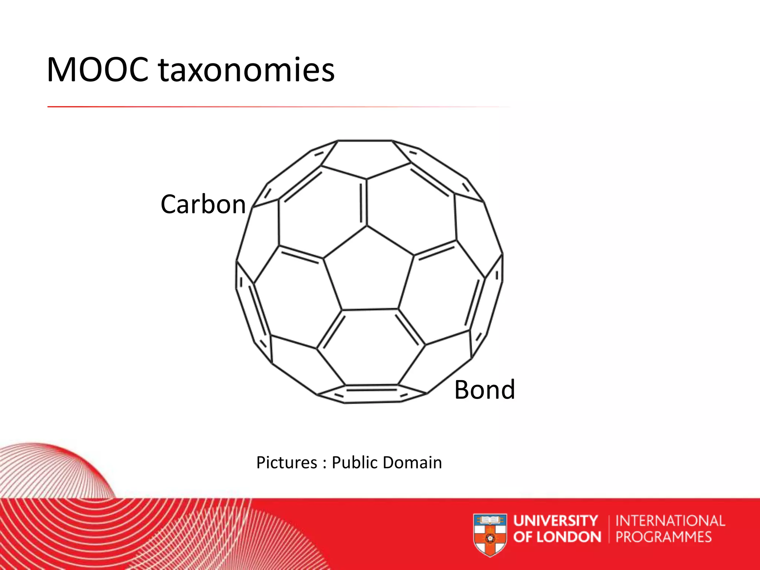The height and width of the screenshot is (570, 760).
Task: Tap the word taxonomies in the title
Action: (246, 71)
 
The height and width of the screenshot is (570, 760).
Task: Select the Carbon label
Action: (203, 204)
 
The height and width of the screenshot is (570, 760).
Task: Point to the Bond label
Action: (485, 390)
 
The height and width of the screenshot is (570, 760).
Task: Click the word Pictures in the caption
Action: (286, 463)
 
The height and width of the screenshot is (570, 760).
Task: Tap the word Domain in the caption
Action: (412, 463)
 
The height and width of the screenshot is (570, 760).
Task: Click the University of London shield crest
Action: (490, 535)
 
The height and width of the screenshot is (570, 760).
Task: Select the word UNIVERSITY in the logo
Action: (556, 521)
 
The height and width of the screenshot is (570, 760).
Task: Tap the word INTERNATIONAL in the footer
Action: (670, 521)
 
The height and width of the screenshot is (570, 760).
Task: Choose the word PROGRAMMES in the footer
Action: (664, 537)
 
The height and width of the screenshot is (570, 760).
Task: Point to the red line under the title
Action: (260, 107)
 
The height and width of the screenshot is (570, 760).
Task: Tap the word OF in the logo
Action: (523, 537)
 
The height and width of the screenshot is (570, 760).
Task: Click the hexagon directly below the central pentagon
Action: (371, 347)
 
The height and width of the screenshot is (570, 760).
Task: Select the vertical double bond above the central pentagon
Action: (364, 202)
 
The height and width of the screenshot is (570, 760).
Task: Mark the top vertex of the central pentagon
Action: (367, 226)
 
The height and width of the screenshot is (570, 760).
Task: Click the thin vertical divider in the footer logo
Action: (609, 529)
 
